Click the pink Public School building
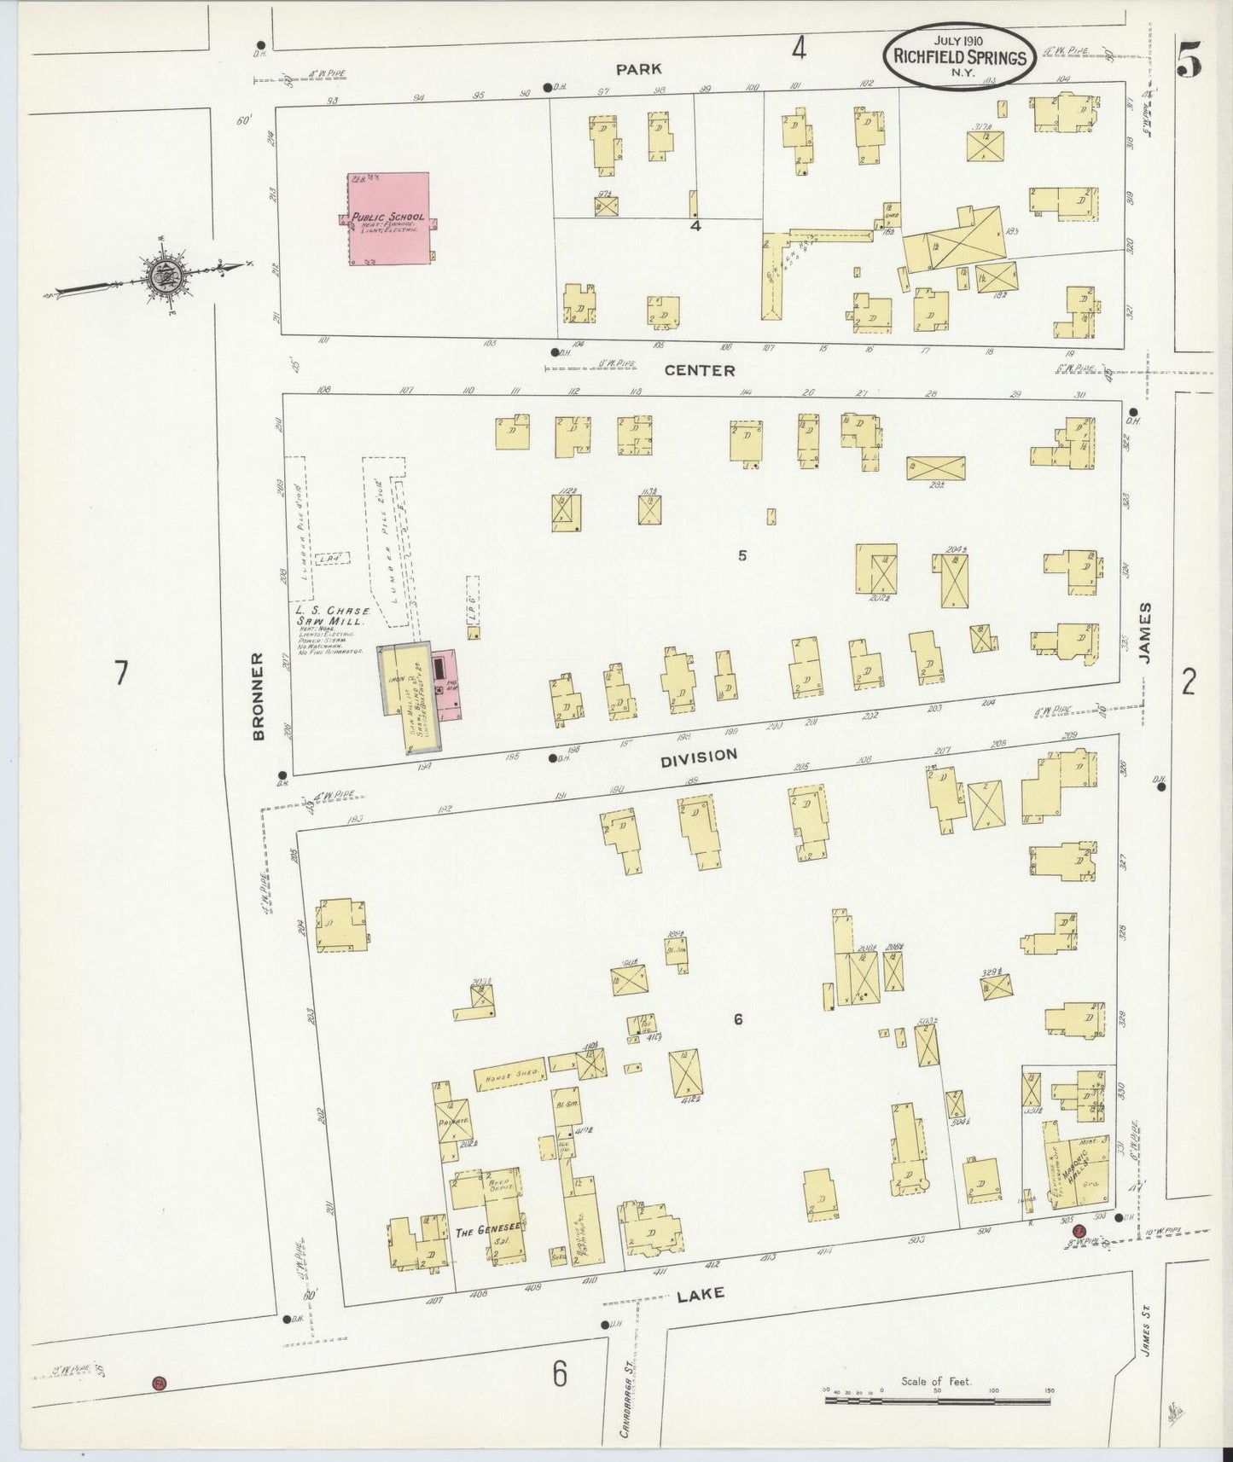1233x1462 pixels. coord(388,219)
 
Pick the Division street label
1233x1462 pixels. coord(697,755)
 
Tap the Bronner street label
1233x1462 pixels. coord(259,697)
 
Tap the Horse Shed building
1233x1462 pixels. coord(509,1076)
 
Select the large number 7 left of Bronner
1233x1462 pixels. coord(121,673)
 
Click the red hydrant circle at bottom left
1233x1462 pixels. coord(157,1382)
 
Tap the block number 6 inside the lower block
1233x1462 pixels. coord(738,1019)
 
